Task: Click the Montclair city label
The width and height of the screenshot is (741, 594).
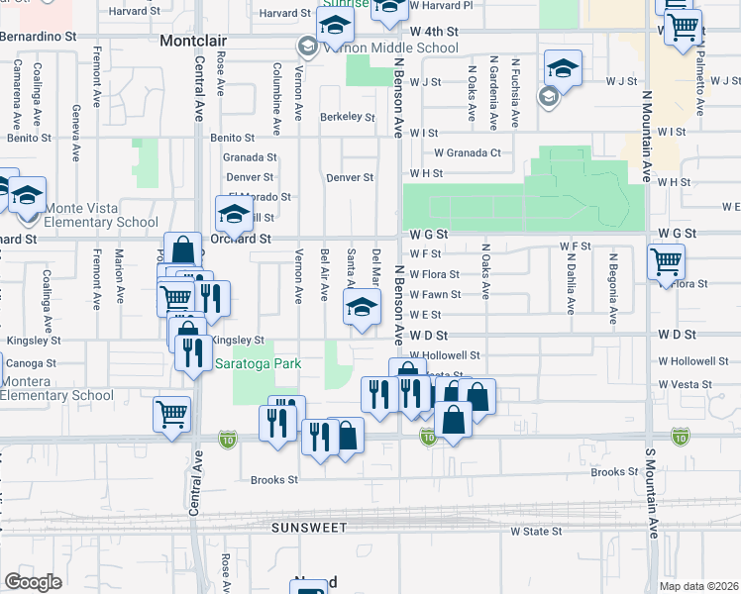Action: coord(193,41)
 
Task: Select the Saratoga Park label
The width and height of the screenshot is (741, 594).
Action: coord(259,363)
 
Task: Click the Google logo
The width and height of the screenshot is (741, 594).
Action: coord(33,582)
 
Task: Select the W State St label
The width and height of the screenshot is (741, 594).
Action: coord(536,532)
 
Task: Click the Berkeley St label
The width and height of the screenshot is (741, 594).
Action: coord(347,117)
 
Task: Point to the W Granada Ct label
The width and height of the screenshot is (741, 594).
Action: coord(468,152)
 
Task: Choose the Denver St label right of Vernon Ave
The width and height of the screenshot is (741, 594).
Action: coord(349,178)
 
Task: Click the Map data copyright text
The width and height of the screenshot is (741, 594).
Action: coord(699,586)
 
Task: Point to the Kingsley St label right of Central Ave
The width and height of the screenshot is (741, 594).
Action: coord(238,340)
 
